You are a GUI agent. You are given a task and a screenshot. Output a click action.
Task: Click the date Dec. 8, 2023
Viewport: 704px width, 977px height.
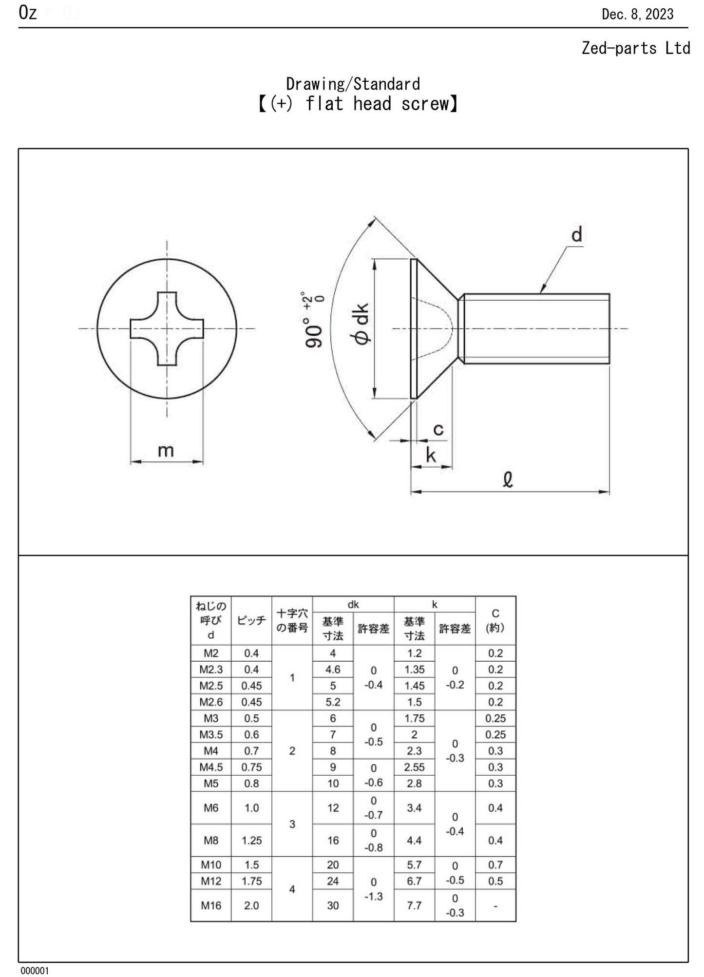(637, 14)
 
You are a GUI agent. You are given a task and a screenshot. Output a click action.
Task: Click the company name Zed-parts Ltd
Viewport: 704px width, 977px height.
(635, 48)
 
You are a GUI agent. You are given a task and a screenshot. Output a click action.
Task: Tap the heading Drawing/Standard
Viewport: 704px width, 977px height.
(353, 84)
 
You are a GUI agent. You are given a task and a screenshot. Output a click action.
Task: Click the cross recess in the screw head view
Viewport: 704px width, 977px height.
(167, 328)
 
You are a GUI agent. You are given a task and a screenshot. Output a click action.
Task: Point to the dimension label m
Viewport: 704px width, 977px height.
(166, 451)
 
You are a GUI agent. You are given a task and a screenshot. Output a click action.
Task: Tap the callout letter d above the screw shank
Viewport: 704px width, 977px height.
(577, 235)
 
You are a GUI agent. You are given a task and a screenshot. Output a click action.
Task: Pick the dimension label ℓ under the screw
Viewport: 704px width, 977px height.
(508, 480)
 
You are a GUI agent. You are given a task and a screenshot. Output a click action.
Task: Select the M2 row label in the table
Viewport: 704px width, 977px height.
(211, 653)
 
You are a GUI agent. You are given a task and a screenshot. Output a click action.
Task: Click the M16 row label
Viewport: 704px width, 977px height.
(211, 905)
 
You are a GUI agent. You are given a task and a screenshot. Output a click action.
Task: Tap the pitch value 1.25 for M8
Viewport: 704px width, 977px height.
(251, 840)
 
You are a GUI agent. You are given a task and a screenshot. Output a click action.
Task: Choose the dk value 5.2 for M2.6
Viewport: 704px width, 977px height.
(333, 702)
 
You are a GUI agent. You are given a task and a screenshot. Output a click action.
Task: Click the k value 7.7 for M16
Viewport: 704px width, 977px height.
(414, 905)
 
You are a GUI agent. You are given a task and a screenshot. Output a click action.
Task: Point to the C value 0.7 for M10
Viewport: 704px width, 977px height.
(495, 865)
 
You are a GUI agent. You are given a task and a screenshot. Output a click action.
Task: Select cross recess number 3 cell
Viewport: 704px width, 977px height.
(292, 824)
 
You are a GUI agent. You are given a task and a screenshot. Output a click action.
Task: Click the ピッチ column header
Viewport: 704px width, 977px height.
(251, 620)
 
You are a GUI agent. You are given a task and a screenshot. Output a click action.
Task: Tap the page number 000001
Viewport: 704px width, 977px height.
(35, 970)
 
